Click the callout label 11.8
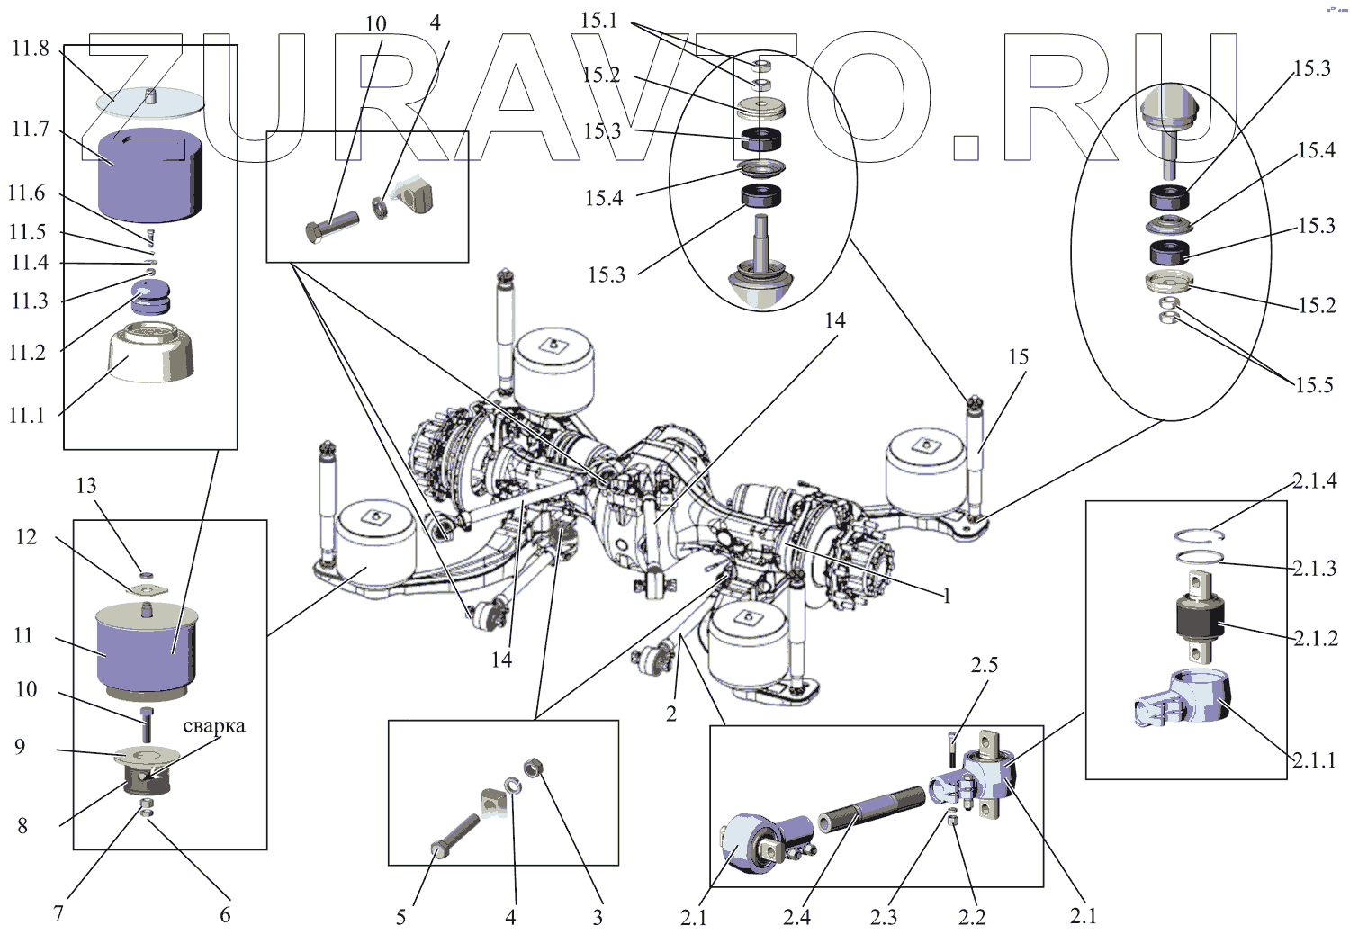(x=30, y=49)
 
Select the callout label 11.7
(x=30, y=129)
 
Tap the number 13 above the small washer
(x=86, y=486)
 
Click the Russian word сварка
(x=213, y=726)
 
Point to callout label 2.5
(x=984, y=665)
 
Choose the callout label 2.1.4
(x=1314, y=481)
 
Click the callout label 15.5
(x=1314, y=385)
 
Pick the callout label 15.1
(x=599, y=20)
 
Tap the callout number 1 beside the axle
(x=947, y=596)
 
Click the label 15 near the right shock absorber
(x=1018, y=357)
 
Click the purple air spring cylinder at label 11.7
(x=149, y=176)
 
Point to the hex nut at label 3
(x=532, y=768)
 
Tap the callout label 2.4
(x=796, y=917)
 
